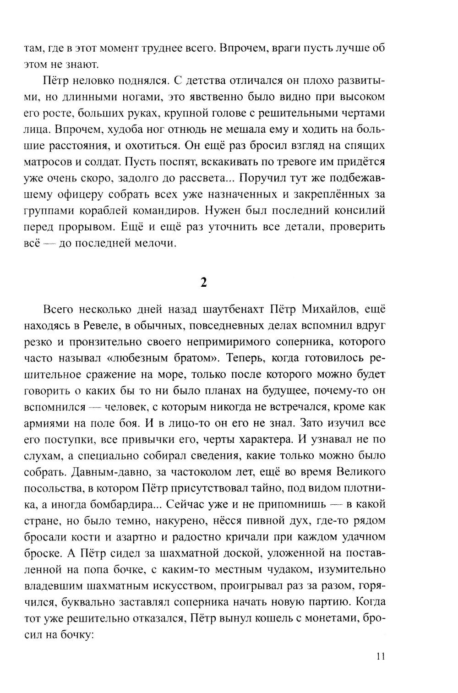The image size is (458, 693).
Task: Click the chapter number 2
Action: tap(204, 283)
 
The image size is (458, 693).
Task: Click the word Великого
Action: tap(358, 471)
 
